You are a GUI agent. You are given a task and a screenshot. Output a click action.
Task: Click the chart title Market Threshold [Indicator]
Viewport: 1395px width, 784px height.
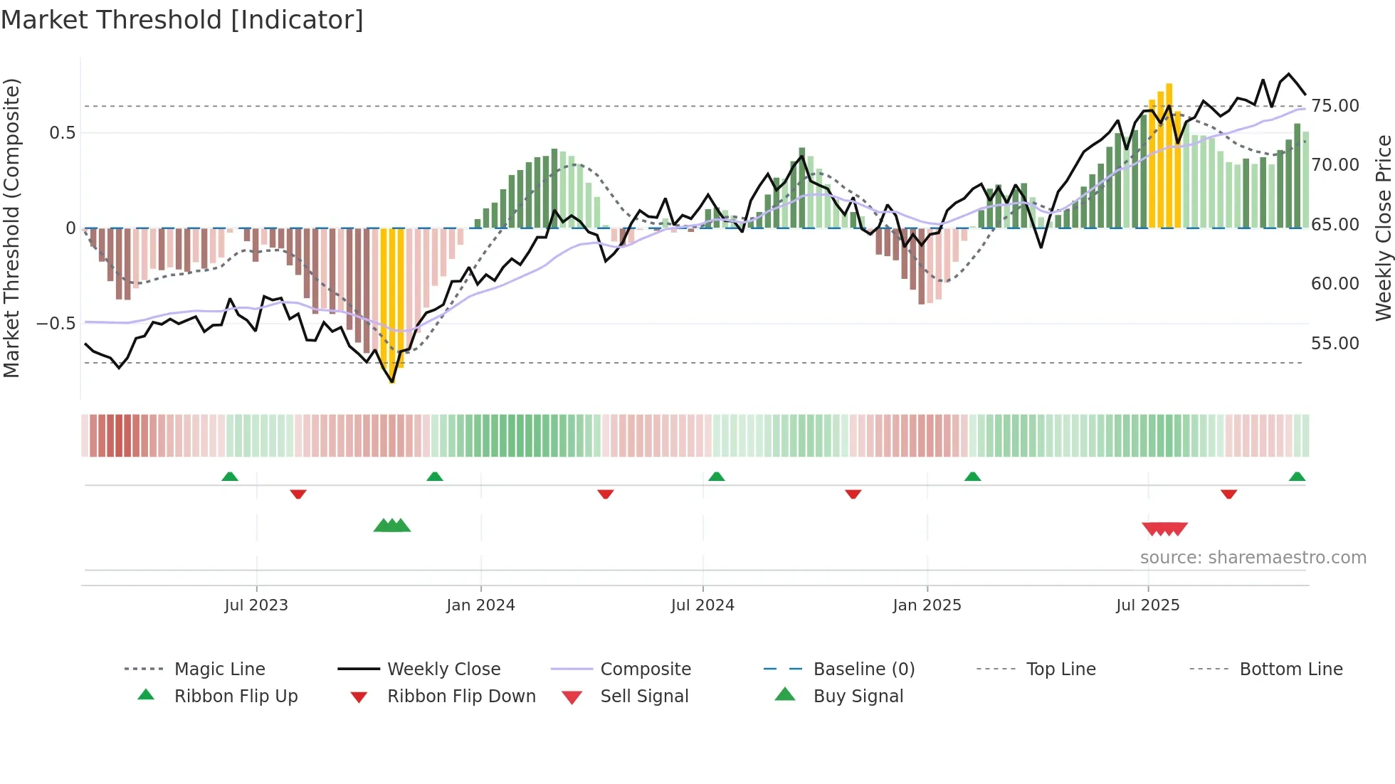(x=182, y=20)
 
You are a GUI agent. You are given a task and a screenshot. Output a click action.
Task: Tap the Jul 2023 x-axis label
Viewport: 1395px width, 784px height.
(x=256, y=605)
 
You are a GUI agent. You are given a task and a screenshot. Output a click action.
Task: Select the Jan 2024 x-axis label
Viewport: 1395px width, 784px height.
(x=480, y=605)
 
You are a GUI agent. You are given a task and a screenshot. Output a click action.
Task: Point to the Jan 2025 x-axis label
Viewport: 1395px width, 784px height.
(x=927, y=605)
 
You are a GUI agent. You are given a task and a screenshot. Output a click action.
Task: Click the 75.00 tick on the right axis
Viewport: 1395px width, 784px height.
(x=1335, y=106)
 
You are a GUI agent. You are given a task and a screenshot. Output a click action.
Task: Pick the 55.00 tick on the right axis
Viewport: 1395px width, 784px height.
(x=1335, y=344)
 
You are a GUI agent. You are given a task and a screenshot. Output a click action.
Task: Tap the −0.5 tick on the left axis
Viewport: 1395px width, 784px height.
(x=56, y=324)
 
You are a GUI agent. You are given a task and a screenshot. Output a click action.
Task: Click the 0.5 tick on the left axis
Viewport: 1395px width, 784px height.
(x=63, y=133)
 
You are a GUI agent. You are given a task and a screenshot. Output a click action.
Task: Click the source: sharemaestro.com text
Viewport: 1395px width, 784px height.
(x=1253, y=558)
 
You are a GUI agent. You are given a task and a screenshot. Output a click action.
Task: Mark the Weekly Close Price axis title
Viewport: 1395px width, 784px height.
(x=1383, y=228)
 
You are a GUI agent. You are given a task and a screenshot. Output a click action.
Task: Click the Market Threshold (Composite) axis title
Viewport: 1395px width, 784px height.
(x=11, y=228)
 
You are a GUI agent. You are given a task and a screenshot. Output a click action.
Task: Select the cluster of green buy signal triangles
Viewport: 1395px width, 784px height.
(x=392, y=526)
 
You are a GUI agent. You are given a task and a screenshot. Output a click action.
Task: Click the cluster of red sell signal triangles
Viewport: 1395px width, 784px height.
(x=1164, y=529)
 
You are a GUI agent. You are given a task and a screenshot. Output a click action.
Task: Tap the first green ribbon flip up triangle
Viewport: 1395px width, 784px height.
(x=230, y=477)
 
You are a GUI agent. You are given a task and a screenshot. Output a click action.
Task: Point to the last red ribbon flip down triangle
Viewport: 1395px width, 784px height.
(x=1228, y=494)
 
